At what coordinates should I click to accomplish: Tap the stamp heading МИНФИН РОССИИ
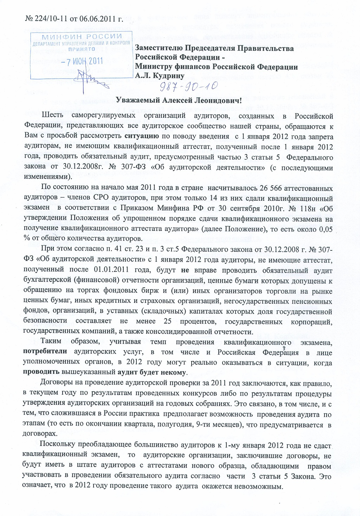pyautogui.click(x=82, y=37)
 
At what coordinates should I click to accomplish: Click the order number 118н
pyautogui.click(x=309, y=208)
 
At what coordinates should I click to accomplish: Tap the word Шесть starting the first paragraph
pyautogui.click(x=53, y=115)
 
